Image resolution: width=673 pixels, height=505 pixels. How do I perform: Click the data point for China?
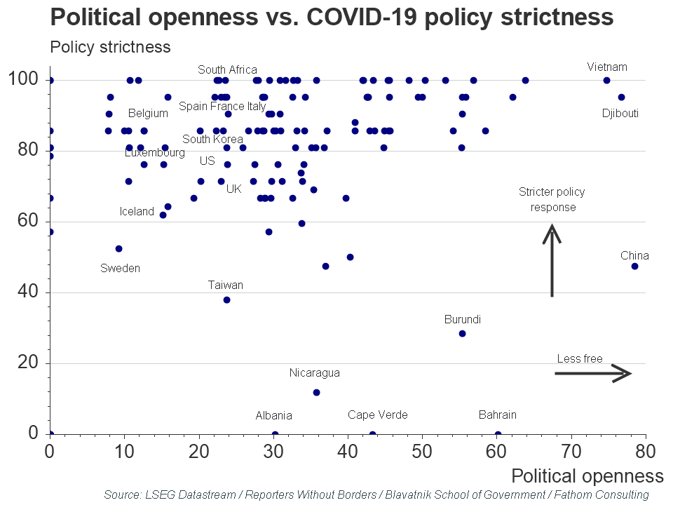pyautogui.click(x=634, y=266)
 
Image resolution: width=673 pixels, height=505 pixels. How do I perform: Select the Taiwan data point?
pyautogui.click(x=226, y=299)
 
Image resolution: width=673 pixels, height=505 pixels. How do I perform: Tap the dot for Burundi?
pyautogui.click(x=462, y=333)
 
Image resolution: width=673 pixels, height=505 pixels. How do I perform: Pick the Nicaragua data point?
pyautogui.click(x=316, y=392)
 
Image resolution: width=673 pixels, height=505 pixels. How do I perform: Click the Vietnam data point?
pyautogui.click(x=606, y=80)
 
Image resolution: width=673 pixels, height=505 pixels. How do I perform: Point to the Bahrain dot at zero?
pyautogui.click(x=498, y=434)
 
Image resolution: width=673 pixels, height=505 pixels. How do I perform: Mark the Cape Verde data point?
pyautogui.click(x=372, y=434)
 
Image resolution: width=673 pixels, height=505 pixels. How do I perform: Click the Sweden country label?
pyautogui.click(x=120, y=268)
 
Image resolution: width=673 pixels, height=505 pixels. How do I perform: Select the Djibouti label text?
pyautogui.click(x=620, y=113)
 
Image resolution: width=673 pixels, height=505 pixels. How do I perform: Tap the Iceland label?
pyautogui.click(x=137, y=211)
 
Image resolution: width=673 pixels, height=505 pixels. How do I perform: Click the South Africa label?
pyautogui.click(x=227, y=69)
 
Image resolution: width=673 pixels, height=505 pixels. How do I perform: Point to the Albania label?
pyautogui.click(x=273, y=415)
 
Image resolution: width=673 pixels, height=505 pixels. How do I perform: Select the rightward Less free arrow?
pyautogui.click(x=593, y=373)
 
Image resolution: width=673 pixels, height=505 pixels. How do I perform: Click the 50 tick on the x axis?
pyautogui.click(x=422, y=448)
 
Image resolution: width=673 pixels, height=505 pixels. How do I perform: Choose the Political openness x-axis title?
pyautogui.click(x=587, y=476)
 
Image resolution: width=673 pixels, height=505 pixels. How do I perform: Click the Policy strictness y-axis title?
pyautogui.click(x=110, y=47)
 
